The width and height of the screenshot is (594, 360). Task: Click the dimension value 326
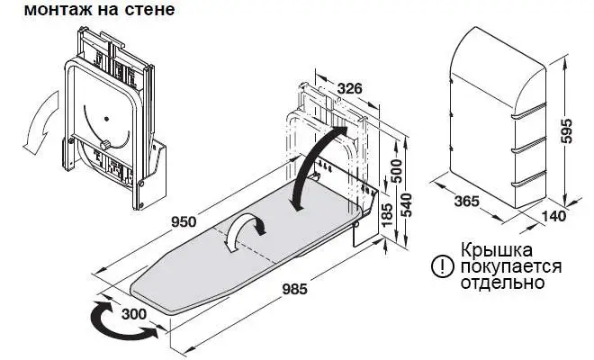click(x=349, y=89)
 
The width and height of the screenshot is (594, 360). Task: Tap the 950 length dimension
click(x=184, y=221)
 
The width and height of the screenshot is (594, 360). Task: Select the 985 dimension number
click(x=294, y=290)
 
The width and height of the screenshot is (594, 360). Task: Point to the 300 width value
click(x=134, y=314)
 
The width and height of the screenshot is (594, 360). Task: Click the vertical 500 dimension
click(x=396, y=171)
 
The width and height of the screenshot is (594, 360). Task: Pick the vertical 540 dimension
click(x=407, y=205)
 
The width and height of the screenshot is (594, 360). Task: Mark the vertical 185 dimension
click(x=387, y=216)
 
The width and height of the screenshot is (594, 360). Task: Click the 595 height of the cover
click(x=565, y=131)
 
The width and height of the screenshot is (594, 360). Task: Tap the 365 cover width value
click(x=467, y=202)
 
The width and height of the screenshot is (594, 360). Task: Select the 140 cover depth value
click(x=553, y=216)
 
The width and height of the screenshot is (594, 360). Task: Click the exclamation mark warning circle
click(x=442, y=266)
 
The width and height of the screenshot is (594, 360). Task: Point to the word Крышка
click(x=497, y=250)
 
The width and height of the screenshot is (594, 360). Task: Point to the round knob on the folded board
click(x=105, y=145)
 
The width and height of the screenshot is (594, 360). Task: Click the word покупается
click(x=511, y=266)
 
